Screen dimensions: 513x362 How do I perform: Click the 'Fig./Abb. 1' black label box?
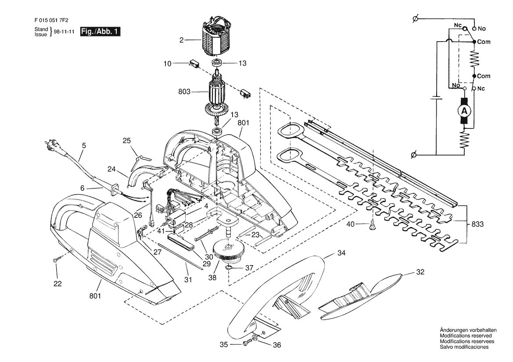coord(100,32)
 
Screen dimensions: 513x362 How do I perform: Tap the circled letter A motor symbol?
coord(464,112)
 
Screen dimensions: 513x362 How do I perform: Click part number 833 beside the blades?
coord(477,224)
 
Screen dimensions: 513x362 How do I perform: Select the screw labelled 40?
coord(372,225)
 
